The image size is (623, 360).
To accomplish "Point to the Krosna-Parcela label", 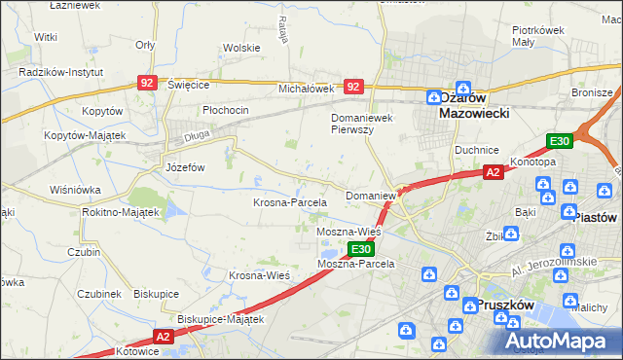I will [289, 202].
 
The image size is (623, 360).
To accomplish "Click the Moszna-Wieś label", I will [348, 233].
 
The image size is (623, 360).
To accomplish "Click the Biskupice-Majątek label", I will [221, 318].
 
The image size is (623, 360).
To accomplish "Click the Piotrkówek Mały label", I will [538, 35].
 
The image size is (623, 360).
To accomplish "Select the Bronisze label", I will [591, 93].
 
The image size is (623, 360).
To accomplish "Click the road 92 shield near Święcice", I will [147, 85].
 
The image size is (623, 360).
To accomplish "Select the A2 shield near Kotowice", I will [162, 337].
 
